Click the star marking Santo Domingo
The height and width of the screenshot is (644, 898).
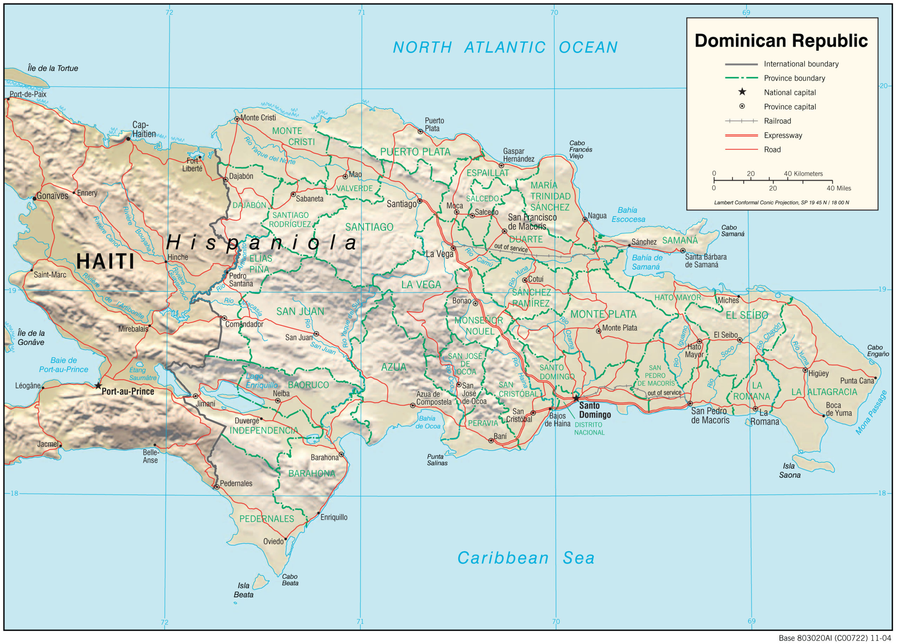tap(576, 398)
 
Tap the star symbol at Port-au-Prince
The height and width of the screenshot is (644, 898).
tap(98, 386)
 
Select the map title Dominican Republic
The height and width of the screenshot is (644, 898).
tap(781, 41)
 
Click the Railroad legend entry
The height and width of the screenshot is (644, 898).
tap(777, 121)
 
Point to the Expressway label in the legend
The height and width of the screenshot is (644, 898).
tap(783, 135)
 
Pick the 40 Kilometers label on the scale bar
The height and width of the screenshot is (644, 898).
tap(803, 174)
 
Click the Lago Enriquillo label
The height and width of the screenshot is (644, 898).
tap(261, 381)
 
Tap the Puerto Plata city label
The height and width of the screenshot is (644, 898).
tap(434, 124)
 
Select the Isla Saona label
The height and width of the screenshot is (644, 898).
tap(790, 470)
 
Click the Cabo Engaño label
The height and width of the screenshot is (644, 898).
tap(878, 351)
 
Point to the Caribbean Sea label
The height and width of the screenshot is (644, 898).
tap(526, 558)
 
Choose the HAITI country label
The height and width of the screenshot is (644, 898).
tap(105, 262)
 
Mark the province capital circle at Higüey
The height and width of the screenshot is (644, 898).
tap(805, 370)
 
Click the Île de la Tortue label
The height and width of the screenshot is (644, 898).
tap(53, 68)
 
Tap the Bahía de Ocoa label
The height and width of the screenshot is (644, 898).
tap(428, 422)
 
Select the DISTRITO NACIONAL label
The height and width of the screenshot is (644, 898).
tap(589, 429)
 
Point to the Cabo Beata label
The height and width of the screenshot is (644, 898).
tap(290, 580)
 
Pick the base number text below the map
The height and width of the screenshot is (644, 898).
tap(835, 638)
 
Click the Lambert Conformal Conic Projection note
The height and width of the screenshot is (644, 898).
tap(781, 203)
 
